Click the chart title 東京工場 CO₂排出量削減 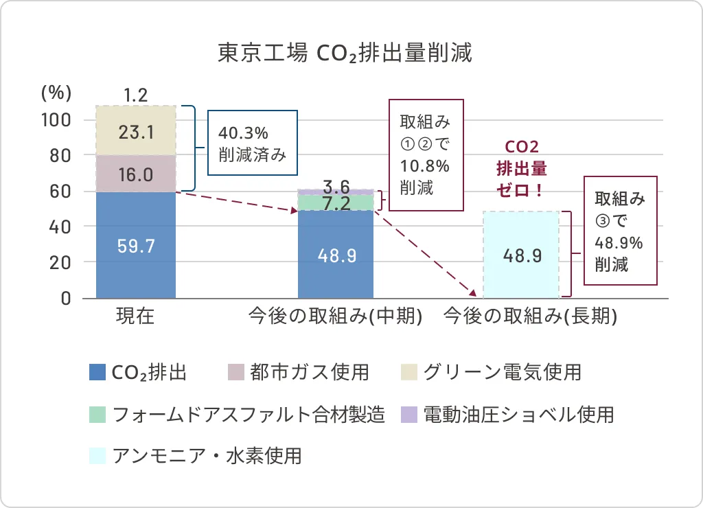pos(345,54)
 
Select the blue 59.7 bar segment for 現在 pos(136,245)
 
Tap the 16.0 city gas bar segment pos(136,174)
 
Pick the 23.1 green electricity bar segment pos(136,131)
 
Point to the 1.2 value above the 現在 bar pos(136,95)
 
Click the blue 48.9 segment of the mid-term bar pos(336,255)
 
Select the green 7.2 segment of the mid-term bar pos(336,203)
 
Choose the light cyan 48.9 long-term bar pos(522,255)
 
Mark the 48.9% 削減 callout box pos(620,231)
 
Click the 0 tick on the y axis pos(67,298)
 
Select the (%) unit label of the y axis pos(56,92)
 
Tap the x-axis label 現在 pos(135,316)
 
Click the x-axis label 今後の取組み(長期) pos(531,316)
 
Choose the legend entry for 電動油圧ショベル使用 pos(508,414)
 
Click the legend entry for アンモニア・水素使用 pos(196,456)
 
